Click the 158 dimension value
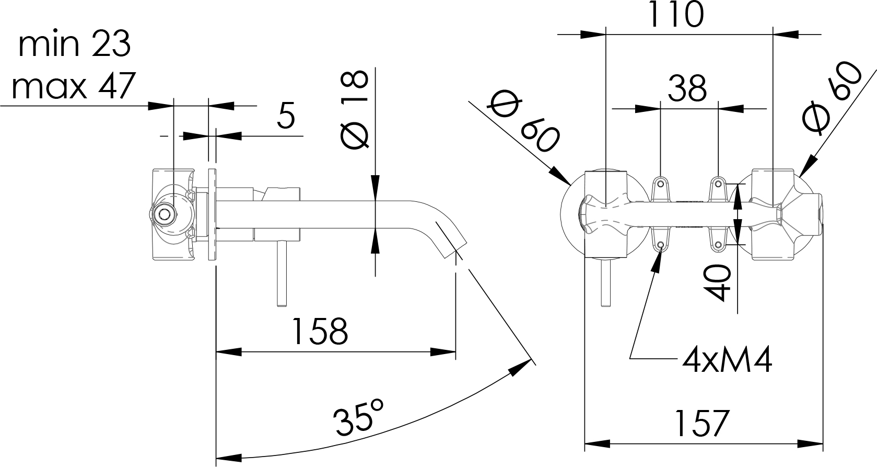(320, 332)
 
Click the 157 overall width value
(701, 423)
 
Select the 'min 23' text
(74, 44)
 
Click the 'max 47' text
(74, 86)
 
